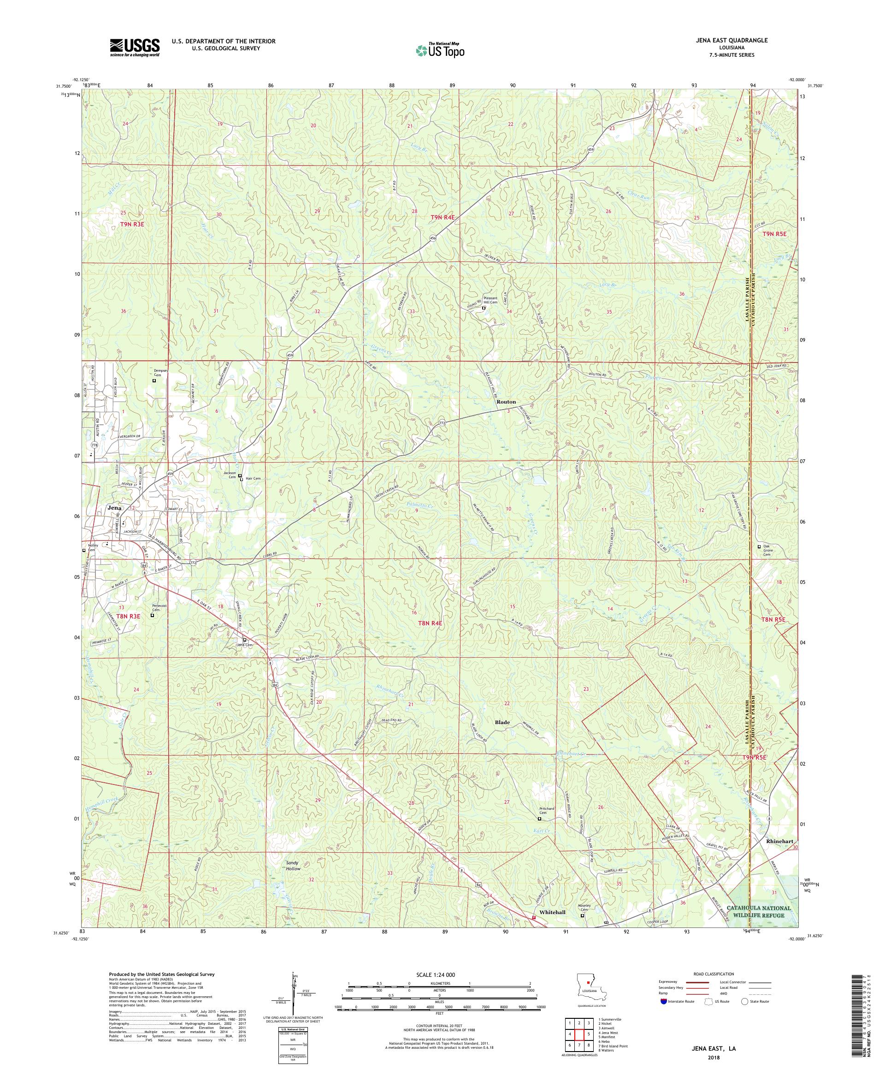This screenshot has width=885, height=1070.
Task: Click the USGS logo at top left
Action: tap(135, 48)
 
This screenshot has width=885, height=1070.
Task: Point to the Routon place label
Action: tap(506, 402)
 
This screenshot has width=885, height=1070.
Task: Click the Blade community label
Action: tap(502, 722)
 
